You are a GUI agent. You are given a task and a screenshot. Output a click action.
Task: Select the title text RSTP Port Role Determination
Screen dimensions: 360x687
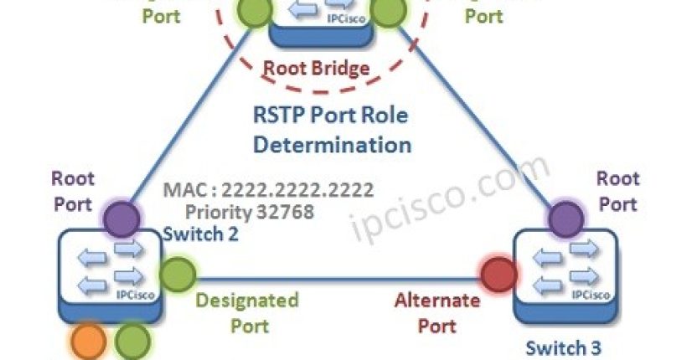[x=333, y=128]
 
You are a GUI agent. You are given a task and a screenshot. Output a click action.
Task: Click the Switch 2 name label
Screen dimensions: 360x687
[x=202, y=234]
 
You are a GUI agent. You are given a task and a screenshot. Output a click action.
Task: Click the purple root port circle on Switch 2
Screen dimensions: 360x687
[x=122, y=220]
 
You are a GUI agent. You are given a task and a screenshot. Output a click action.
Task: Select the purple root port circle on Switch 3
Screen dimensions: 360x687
[x=568, y=220]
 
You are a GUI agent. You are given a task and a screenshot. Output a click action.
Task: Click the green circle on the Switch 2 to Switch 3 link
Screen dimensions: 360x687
[x=177, y=274]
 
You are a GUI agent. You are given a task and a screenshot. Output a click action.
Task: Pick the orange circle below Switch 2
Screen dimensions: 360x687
[x=90, y=343]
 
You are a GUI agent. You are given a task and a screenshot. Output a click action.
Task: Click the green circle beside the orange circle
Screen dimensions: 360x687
[x=132, y=343]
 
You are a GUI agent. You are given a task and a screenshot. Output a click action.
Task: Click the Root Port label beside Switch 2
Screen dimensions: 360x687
[x=74, y=190]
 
